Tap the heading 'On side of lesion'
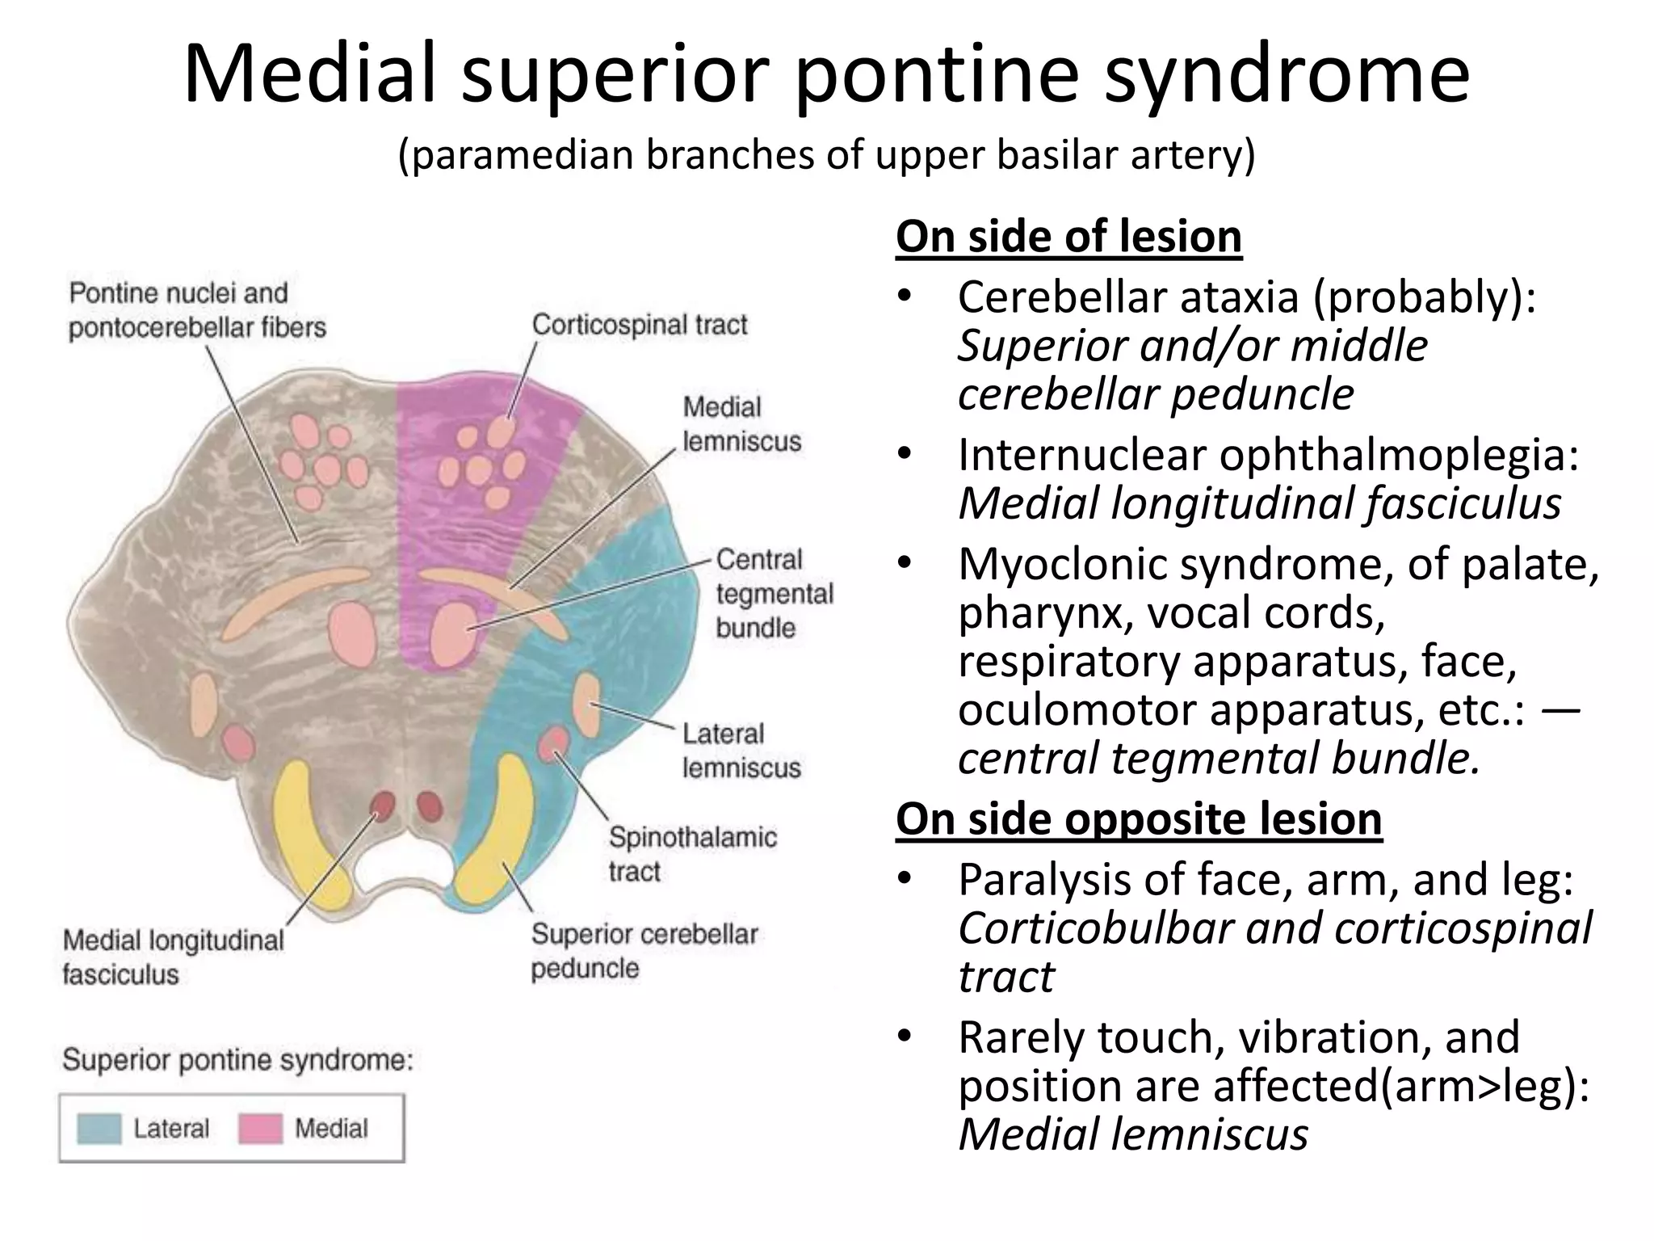click(x=1068, y=237)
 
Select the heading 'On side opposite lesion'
click(x=1139, y=818)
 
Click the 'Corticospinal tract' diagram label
click(x=639, y=325)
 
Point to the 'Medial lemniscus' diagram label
click(x=741, y=424)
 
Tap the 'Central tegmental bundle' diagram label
click(x=774, y=593)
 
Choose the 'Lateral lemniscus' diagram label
click(x=741, y=751)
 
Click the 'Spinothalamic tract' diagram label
click(x=692, y=854)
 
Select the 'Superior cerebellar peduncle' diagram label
click(x=644, y=950)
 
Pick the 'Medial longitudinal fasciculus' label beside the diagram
click(x=173, y=957)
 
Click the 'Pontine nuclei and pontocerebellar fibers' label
click(x=197, y=310)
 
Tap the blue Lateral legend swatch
click(x=99, y=1129)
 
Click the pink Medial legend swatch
click(x=260, y=1129)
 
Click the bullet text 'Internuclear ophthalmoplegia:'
click(x=1268, y=454)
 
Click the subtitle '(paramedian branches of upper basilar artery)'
click(x=826, y=154)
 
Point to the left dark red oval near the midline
click(x=382, y=806)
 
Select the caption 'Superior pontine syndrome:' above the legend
click(x=237, y=1059)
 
